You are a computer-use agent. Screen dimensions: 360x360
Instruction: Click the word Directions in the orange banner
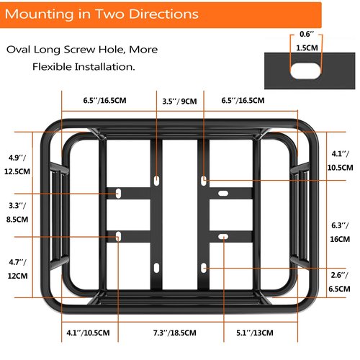coord(163,14)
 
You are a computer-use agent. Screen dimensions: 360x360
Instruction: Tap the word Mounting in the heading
coord(40,14)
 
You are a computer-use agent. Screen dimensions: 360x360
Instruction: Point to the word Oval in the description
coord(18,50)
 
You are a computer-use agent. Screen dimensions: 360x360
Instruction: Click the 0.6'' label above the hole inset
coord(307,35)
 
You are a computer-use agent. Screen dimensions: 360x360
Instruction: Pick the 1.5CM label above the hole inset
coord(307,48)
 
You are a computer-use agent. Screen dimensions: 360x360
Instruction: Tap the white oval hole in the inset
coord(305,71)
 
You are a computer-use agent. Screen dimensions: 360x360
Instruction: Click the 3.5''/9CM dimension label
coord(179,102)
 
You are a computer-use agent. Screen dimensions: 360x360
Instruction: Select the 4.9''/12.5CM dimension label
coord(17,165)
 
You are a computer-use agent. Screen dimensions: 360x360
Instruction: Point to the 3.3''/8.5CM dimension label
coord(17,212)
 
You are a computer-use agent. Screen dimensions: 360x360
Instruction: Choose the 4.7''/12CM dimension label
coord(17,269)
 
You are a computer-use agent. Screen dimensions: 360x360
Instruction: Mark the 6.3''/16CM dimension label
coord(340,233)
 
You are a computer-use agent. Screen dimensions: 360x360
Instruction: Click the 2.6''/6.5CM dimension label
coord(339,282)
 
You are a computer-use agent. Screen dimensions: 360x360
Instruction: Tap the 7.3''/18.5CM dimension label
coord(175,333)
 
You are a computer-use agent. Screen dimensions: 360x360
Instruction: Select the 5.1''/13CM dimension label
coord(255,333)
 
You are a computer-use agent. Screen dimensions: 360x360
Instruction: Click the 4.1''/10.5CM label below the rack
coord(88,333)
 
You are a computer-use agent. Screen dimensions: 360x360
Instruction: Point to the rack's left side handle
coord(58,215)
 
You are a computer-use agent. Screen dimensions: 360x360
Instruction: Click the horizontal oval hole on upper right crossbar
coord(223,193)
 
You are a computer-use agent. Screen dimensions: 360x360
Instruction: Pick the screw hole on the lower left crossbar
coord(118,237)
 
